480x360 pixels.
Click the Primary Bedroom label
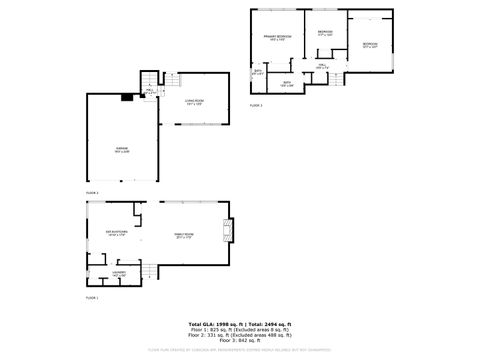tap(277, 37)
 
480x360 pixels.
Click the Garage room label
tap(121, 149)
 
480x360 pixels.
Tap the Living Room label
tap(194, 102)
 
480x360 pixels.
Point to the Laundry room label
tap(118, 272)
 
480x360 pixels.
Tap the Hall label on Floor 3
tap(323, 66)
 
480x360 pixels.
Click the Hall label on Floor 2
tap(149, 91)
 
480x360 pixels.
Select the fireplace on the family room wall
tap(229, 232)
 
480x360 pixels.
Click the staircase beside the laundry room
tap(148, 271)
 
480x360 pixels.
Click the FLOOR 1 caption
tap(92, 297)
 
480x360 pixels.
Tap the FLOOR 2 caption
tap(92, 191)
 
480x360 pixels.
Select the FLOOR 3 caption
tap(256, 104)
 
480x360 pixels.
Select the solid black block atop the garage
tap(127, 97)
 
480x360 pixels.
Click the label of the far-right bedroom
tap(370, 45)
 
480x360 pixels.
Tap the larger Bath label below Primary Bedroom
tap(286, 84)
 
